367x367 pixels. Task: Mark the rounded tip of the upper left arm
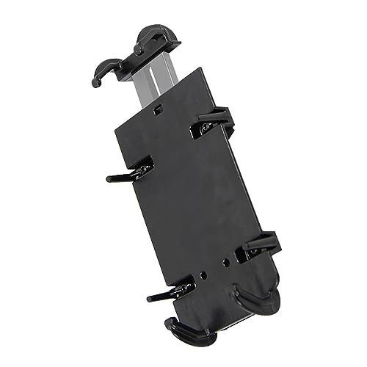click(109, 178)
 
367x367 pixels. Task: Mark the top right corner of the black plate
click(200, 69)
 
